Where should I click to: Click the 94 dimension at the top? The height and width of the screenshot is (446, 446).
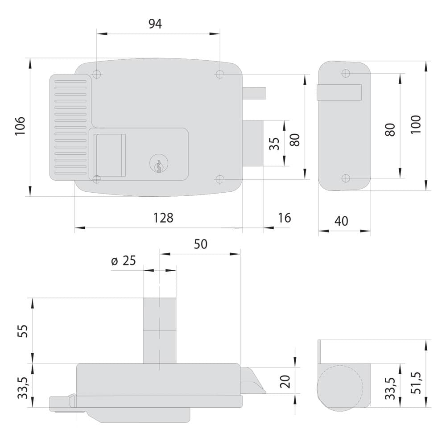(155, 24)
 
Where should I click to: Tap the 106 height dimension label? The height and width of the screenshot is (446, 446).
(20, 126)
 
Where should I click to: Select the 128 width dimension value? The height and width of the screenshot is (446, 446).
(163, 218)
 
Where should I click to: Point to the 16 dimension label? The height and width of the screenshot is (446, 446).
(285, 218)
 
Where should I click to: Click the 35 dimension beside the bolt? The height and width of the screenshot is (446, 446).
(274, 144)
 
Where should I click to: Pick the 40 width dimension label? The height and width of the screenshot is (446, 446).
(341, 221)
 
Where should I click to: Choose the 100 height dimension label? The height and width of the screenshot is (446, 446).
(416, 124)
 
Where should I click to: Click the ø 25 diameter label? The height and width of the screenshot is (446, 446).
(124, 260)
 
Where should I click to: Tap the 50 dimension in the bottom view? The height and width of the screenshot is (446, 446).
(201, 244)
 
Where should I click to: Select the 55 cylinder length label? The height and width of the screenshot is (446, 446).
(23, 331)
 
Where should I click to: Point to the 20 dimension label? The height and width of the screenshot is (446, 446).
(285, 381)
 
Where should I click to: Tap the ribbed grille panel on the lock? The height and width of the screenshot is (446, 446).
(70, 127)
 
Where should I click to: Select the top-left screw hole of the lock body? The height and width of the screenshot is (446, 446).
(97, 74)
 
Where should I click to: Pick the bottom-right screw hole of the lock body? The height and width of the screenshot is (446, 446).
(219, 179)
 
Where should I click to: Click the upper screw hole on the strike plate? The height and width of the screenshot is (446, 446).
(346, 74)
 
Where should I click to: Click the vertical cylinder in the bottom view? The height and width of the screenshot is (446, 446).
(160, 330)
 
